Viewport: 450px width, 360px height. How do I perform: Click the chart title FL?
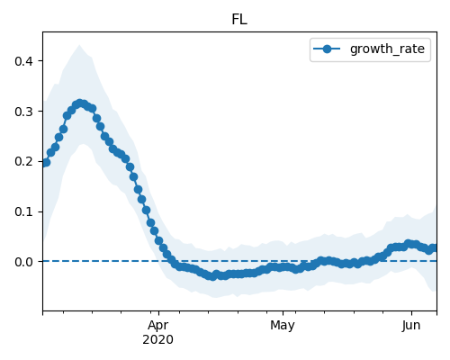click(239, 20)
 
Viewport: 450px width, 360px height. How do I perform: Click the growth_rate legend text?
click(387, 49)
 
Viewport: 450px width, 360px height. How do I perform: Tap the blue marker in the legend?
click(327, 49)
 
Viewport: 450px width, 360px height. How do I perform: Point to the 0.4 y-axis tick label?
click(23, 61)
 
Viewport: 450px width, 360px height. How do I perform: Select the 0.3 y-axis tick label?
click(23, 112)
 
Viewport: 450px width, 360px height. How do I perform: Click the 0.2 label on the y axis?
click(23, 162)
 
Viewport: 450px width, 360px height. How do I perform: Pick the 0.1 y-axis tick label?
click(23, 211)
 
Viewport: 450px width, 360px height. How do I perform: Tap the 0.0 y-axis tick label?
click(23, 262)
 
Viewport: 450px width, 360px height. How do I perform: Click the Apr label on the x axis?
click(158, 326)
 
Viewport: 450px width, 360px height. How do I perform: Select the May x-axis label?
click(283, 326)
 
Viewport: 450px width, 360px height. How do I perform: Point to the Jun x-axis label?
click(411, 326)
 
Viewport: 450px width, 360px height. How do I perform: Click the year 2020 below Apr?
click(157, 340)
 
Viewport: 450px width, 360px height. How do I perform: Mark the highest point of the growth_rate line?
click(79, 103)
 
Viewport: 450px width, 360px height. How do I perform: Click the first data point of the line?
click(46, 163)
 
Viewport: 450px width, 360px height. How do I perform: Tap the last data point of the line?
click(434, 248)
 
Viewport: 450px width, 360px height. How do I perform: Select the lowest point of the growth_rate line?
click(212, 276)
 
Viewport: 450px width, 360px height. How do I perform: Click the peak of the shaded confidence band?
click(79, 45)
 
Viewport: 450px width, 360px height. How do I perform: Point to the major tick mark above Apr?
click(158, 313)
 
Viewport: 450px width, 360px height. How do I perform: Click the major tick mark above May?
click(283, 313)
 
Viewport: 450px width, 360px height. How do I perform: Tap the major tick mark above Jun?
click(411, 313)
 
